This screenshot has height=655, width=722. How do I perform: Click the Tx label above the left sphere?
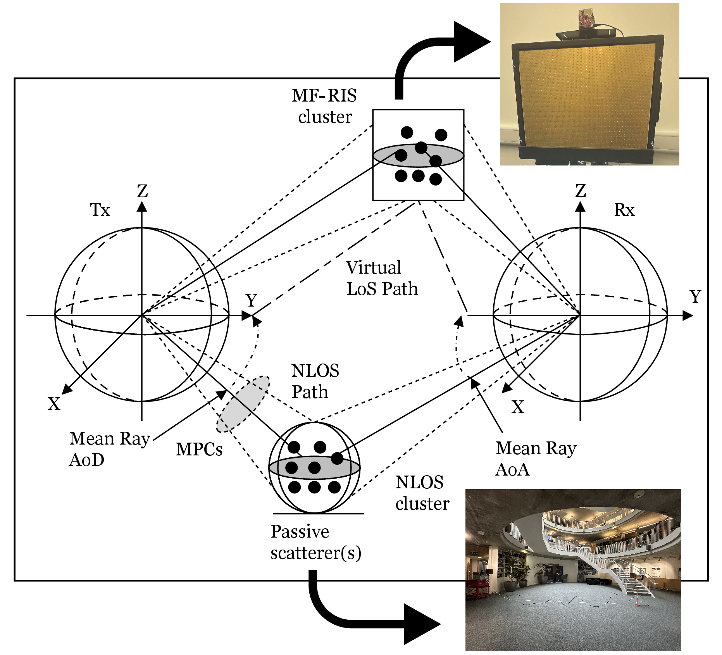point(100,210)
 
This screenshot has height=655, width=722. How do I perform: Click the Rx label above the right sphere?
point(624,210)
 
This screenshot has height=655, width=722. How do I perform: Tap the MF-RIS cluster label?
point(325,106)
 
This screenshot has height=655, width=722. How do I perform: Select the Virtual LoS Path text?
point(382,278)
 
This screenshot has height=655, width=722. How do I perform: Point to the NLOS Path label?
point(315,381)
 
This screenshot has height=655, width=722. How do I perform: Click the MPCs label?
point(199,450)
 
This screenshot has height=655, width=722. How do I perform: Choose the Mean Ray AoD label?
point(110,450)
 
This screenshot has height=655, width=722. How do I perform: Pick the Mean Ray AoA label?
point(536,459)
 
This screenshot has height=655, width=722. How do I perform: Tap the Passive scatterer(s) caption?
point(316,542)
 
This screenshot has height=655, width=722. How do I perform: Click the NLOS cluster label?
point(422,493)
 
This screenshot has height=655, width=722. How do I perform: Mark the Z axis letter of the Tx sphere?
point(142,191)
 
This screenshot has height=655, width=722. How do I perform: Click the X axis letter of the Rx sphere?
point(518,407)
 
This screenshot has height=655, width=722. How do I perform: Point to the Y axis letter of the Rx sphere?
point(696,297)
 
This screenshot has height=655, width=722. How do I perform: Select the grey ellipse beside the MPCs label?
point(243,404)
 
